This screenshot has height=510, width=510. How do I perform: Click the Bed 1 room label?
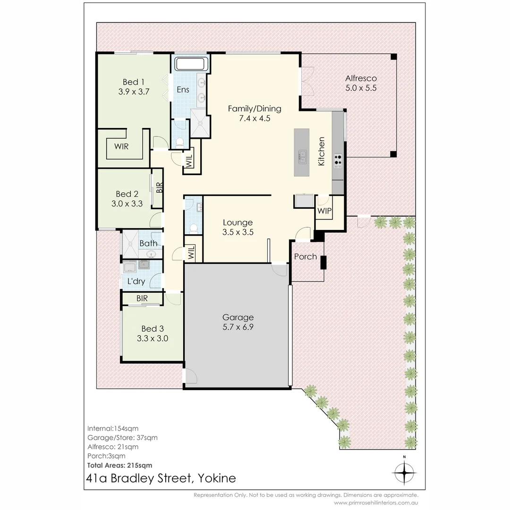point(134,82)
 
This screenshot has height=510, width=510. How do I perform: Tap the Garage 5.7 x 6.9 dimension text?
point(238,327)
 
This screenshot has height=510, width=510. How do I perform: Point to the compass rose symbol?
point(405,472)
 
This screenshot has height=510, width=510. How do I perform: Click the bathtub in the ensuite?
point(191,63)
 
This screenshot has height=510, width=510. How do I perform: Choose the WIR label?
point(121,146)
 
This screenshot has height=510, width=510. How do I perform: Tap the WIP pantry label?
point(324,211)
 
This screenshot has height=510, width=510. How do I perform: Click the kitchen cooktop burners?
point(338,161)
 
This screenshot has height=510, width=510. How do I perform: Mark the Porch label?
point(306,256)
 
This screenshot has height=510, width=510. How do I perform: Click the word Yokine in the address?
point(215,478)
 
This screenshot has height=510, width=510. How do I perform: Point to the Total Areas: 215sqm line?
point(120,465)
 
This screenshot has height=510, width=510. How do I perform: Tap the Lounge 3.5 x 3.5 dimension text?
point(238,232)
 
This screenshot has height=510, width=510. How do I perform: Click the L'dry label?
point(136,281)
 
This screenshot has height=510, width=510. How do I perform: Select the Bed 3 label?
point(153,328)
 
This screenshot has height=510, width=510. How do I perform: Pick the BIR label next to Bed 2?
point(159,187)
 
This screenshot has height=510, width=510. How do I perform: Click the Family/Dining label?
point(255,109)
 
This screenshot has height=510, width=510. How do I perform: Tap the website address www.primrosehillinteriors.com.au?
point(376,503)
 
